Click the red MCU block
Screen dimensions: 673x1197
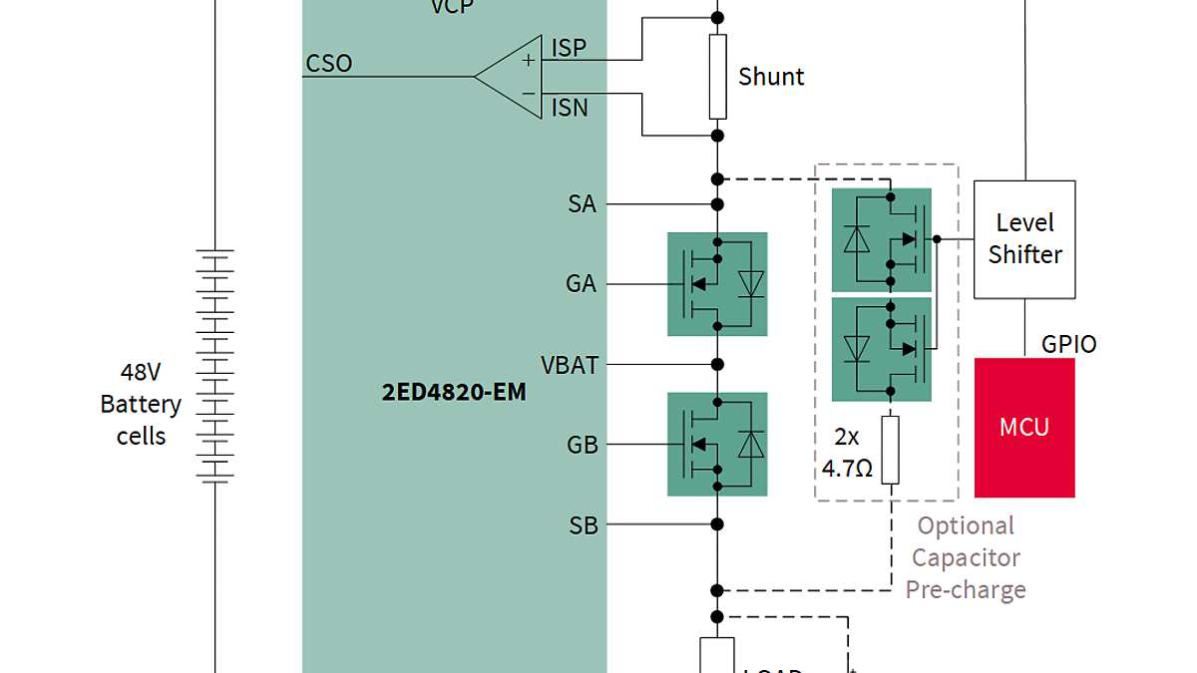click(x=1024, y=428)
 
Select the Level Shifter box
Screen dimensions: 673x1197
click(x=1024, y=239)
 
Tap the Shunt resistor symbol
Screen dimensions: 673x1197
click(x=717, y=77)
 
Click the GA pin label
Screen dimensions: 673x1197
click(x=581, y=284)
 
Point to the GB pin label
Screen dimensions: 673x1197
click(x=582, y=445)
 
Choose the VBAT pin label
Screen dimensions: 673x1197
click(x=570, y=365)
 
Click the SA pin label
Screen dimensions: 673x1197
click(x=582, y=204)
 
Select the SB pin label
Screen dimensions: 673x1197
click(x=583, y=524)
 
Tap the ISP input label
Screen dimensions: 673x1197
click(x=569, y=48)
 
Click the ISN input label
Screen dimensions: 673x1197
click(x=570, y=108)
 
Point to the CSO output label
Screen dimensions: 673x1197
click(x=329, y=64)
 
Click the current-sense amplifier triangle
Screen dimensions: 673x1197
click(x=514, y=76)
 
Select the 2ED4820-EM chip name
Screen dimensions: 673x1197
click(x=454, y=392)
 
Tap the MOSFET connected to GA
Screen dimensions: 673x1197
click(x=717, y=284)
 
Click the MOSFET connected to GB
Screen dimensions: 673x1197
click(x=717, y=444)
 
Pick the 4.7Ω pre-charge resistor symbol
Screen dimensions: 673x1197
click(x=890, y=450)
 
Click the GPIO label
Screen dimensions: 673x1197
click(x=1068, y=344)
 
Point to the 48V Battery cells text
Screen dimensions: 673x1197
click(x=141, y=404)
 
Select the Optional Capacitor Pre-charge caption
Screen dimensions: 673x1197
click(x=965, y=557)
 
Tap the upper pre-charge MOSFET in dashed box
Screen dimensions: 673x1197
click(x=882, y=239)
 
